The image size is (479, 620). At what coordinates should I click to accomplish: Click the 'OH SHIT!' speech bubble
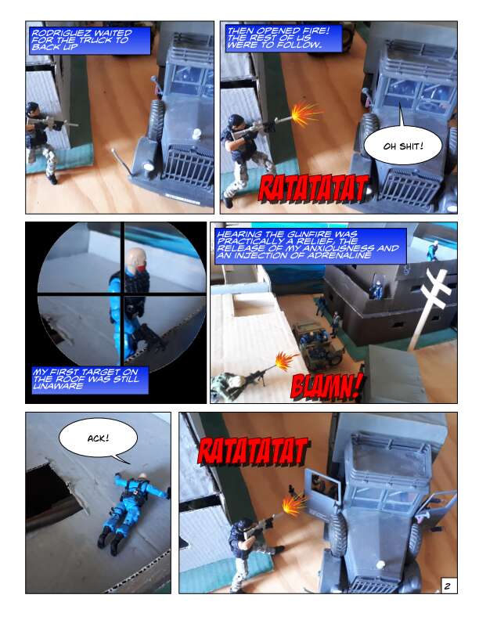[402, 146]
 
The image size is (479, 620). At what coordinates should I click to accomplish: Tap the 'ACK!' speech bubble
[98, 438]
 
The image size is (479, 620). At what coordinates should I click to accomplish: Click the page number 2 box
[448, 586]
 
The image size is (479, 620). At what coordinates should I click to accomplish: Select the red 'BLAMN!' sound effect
[327, 385]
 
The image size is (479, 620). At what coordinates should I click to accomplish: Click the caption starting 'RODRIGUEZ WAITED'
[90, 41]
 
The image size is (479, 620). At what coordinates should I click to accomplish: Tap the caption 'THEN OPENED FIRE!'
[283, 38]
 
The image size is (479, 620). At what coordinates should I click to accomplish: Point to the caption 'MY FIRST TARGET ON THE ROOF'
[90, 380]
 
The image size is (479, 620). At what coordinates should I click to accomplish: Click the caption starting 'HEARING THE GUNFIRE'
[311, 246]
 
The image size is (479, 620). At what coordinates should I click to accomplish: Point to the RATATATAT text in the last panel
[253, 451]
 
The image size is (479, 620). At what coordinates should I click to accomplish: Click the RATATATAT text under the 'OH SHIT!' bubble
[313, 188]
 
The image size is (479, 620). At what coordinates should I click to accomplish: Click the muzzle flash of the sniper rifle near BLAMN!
[286, 361]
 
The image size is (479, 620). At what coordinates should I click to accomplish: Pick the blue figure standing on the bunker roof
[432, 251]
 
